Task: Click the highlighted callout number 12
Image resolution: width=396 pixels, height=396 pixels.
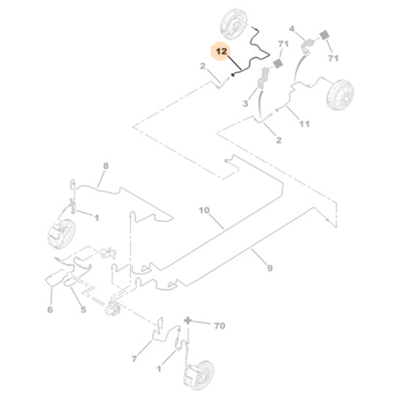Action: pos(222,51)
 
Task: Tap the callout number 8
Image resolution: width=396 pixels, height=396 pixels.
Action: pos(105,166)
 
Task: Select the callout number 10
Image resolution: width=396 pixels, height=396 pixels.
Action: pos(204,211)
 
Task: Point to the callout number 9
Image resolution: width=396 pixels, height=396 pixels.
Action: pos(269,268)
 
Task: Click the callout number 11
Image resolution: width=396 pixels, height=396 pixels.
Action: pos(304,124)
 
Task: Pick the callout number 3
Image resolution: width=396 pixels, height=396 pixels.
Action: pos(246,104)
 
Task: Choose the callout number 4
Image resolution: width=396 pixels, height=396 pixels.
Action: pos(291,29)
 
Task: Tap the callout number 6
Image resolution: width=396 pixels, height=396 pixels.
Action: pos(50,310)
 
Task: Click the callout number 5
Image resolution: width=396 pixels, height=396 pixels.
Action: pos(83,310)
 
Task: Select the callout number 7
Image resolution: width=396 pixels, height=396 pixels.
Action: pos(135,359)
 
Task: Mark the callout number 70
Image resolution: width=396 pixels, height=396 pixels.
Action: pos(219,326)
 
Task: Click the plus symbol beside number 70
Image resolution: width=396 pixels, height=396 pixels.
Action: pos(188,321)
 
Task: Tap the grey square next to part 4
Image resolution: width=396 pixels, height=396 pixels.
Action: pos(325,36)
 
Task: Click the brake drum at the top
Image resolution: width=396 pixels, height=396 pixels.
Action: pos(234,25)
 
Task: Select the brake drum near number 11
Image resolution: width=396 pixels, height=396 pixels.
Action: pos(340,95)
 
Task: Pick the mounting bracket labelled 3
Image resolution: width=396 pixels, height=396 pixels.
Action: pos(263,78)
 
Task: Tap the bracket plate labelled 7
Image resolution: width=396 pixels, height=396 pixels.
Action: pos(157,330)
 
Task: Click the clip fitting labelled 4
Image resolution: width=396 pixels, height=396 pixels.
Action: pos(307,46)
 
